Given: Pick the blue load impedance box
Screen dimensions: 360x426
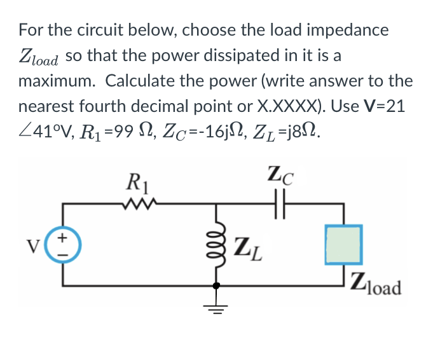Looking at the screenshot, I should [343, 244].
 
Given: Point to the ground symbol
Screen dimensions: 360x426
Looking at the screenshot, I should [217, 308].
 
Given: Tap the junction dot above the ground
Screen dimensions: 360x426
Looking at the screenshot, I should [217, 286].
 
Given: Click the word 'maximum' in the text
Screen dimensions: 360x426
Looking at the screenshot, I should [56, 81].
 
